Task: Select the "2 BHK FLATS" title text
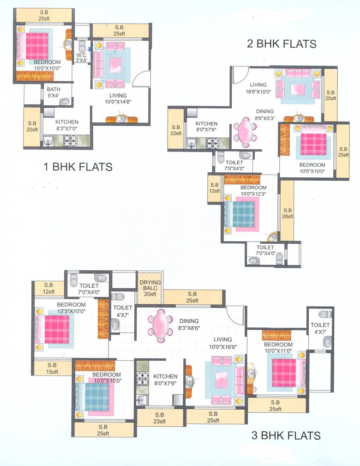[x=282, y=44]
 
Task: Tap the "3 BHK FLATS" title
[x=286, y=435]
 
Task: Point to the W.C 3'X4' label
[x=81, y=57]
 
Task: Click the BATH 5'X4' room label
[x=54, y=92]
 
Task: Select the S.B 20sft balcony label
[x=32, y=127]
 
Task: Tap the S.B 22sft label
[x=176, y=130]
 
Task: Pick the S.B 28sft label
[x=287, y=213]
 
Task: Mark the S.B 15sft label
[x=52, y=368]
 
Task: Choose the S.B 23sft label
[x=160, y=418]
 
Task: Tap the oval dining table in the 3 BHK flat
[x=160, y=325]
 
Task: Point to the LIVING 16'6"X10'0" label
[x=258, y=88]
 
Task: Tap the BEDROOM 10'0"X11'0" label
[x=278, y=348]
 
